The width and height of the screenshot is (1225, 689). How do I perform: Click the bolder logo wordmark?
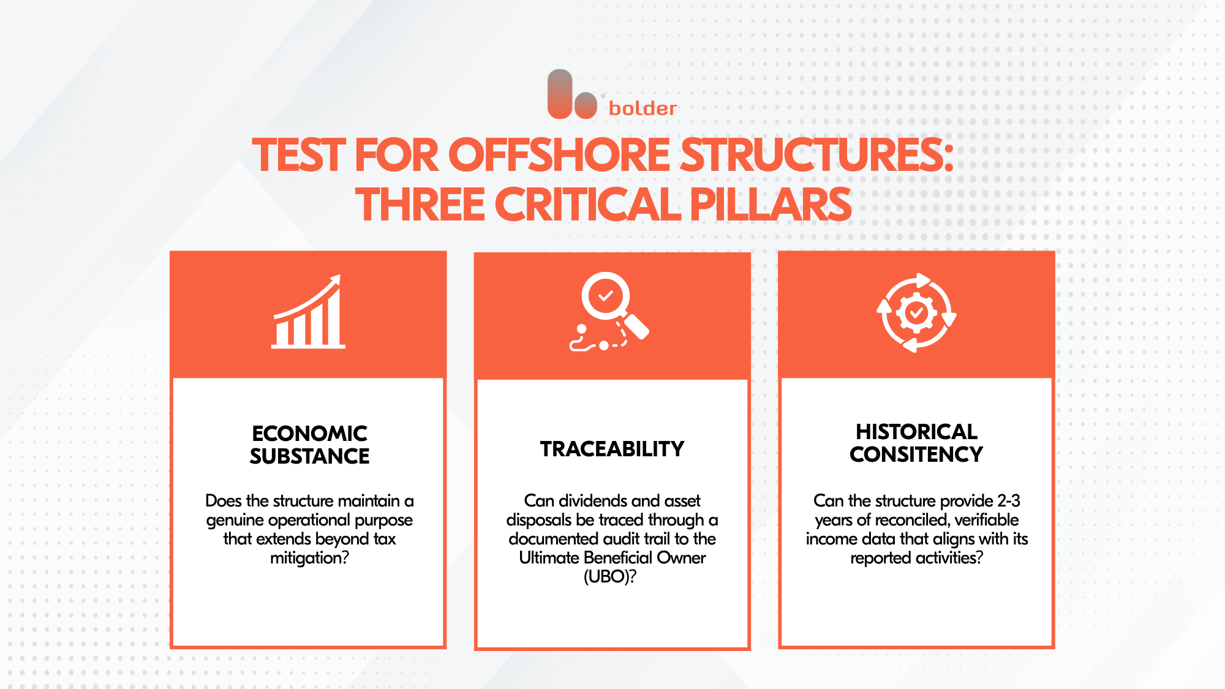[643, 108]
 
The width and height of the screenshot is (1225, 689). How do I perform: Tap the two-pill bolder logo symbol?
[572, 94]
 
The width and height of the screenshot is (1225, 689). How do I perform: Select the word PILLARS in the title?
[771, 205]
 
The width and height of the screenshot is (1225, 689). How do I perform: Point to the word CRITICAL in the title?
[587, 205]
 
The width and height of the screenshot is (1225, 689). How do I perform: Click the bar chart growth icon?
[308, 312]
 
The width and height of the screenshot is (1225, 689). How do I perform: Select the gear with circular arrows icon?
[916, 312]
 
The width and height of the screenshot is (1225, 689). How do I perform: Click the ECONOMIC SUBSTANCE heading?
[309, 445]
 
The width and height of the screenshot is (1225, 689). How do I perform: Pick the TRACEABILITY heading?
[612, 449]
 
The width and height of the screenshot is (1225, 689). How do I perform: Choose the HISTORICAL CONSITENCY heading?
[916, 443]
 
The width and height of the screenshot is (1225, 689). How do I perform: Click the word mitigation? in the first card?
[309, 558]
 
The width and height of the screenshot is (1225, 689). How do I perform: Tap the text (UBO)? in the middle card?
[610, 577]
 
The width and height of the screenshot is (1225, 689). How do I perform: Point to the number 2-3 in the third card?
[1009, 501]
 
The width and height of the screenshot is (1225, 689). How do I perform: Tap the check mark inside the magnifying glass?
[606, 296]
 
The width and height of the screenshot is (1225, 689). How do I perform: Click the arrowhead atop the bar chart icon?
[334, 282]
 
